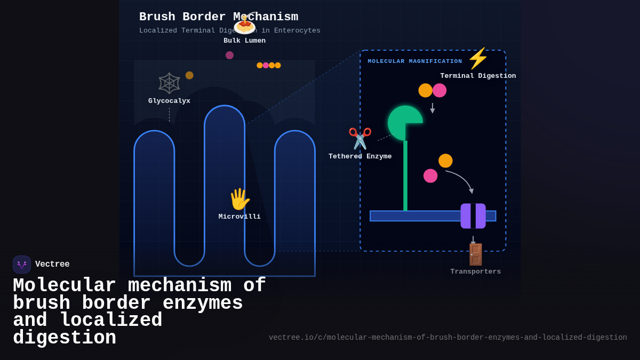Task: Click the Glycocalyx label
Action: coord(169,101)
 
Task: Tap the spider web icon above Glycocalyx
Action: coord(169,83)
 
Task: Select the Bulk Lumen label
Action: coord(244,41)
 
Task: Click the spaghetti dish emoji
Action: coord(244,24)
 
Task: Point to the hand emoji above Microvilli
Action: coord(239,199)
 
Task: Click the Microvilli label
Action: coord(239,217)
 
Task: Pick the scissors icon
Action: coord(360,138)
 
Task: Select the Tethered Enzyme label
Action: coord(360,156)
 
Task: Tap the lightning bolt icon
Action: coord(478,58)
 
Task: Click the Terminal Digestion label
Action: coord(478,76)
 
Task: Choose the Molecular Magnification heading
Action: coord(415,61)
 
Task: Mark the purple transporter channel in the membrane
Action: coord(473,216)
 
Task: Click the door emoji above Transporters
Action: coord(475,254)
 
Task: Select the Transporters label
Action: coord(475,271)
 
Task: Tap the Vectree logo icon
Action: coord(22,265)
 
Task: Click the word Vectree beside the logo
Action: coord(52,264)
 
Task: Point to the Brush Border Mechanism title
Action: coord(219,17)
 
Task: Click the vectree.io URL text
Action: coord(447,338)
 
